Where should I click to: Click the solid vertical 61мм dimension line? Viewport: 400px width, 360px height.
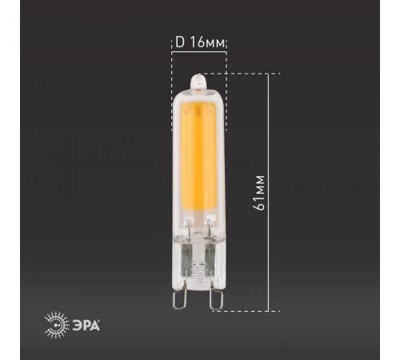click(x=277, y=192)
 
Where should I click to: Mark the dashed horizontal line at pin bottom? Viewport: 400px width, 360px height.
click(x=248, y=311)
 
